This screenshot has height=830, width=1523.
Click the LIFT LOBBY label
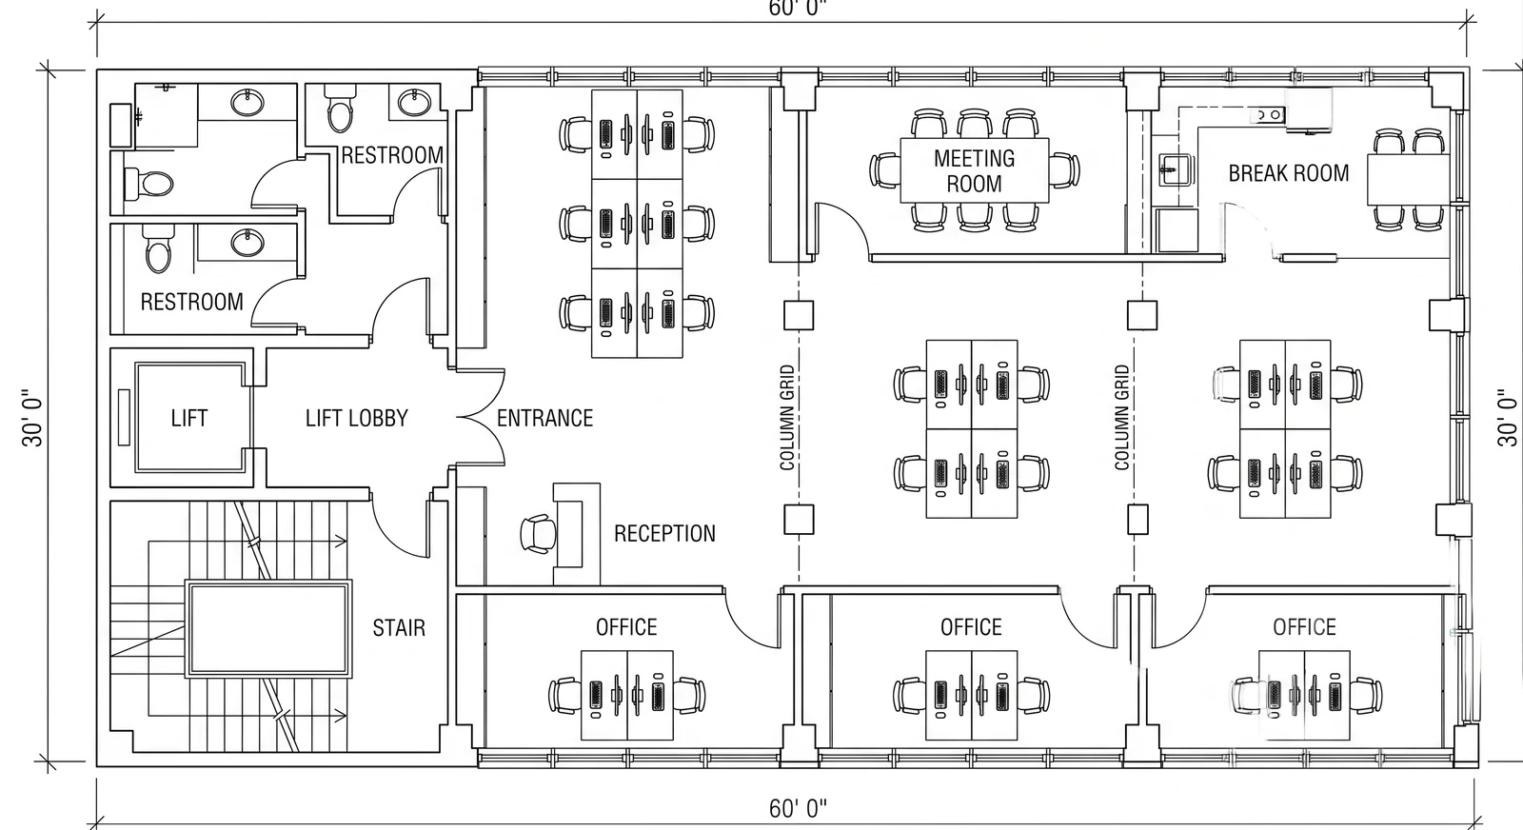(356, 417)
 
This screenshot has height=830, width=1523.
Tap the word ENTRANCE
(544, 417)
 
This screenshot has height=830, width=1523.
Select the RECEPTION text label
(664, 533)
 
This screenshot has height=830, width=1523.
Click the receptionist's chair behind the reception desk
(539, 534)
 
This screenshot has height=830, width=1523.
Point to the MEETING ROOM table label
(975, 170)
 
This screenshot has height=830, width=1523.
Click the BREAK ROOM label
(1289, 173)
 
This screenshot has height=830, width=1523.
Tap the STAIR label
(399, 626)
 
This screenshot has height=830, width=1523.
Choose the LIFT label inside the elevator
(189, 417)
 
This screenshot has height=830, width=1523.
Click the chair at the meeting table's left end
(885, 170)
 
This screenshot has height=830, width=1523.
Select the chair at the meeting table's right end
(1064, 170)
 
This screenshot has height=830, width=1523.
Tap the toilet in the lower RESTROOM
(159, 248)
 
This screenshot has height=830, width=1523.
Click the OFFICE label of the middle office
(971, 626)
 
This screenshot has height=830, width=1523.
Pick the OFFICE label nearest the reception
(626, 626)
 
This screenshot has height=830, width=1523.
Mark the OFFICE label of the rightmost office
(1304, 626)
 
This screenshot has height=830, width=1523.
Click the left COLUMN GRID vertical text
(787, 417)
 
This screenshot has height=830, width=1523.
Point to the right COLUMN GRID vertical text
(1122, 417)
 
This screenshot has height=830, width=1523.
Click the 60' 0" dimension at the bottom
(798, 808)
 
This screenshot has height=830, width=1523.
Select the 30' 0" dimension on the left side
(32, 417)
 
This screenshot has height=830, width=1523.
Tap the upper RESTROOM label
(391, 155)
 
